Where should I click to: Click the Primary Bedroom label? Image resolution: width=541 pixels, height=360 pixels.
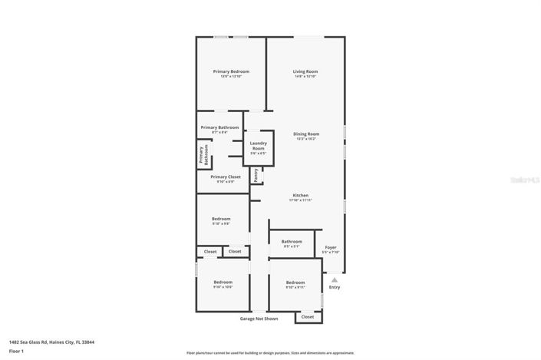(x=230, y=71)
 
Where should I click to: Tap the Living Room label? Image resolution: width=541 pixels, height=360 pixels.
(x=305, y=71)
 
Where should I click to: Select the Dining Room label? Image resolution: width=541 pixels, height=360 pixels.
(x=306, y=134)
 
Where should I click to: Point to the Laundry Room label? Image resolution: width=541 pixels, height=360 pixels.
(x=258, y=146)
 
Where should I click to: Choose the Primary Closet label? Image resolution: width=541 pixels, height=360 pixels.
(x=226, y=177)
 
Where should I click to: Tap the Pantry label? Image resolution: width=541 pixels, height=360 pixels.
(x=256, y=176)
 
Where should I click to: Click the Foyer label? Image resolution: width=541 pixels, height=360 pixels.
(x=331, y=247)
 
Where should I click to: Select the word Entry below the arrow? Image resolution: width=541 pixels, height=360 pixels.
(x=334, y=287)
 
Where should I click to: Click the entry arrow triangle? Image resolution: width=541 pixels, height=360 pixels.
(x=334, y=280)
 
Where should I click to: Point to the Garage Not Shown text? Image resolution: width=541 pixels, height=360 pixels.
(x=259, y=318)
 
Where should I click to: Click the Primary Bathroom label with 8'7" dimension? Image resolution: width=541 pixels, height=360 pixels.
(x=219, y=127)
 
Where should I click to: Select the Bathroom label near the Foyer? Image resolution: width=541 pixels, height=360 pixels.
(x=292, y=242)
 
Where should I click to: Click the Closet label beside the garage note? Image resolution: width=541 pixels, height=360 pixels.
(x=307, y=316)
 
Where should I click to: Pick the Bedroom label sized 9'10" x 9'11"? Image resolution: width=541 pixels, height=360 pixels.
(x=295, y=282)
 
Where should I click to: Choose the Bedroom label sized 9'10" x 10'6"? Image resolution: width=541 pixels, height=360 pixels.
(x=223, y=282)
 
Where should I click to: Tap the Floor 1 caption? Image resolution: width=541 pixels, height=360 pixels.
(x=16, y=351)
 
